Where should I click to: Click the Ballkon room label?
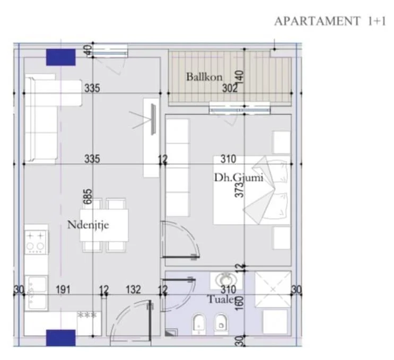coord(204,77)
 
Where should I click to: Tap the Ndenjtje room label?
coord(88,225)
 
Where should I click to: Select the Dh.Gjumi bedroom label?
coord(239,178)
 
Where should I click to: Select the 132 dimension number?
coord(133,289)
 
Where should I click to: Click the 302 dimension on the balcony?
coord(230,89)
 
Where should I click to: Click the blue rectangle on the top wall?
coord(60,57)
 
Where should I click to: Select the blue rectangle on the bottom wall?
coord(60,337)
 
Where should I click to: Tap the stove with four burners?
coord(36,241)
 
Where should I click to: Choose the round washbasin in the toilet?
coord(221,279)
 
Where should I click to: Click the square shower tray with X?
coord(273,289)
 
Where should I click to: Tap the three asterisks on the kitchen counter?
coord(87,315)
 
